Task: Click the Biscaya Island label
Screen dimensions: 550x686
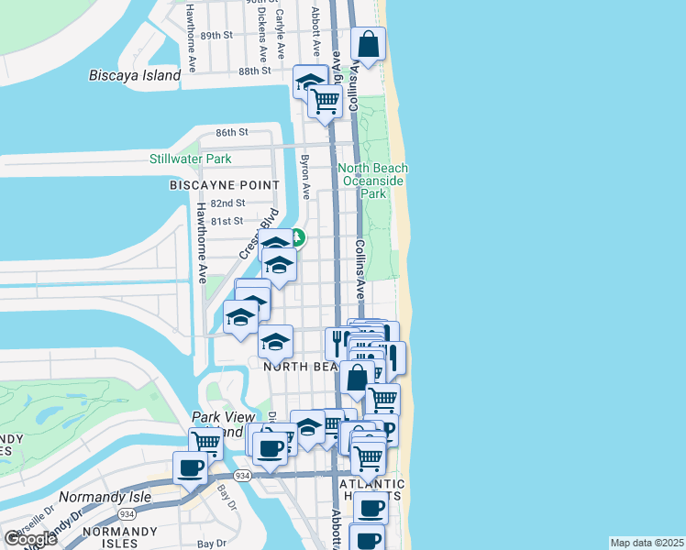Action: [x=135, y=76]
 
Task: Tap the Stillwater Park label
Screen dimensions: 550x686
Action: [x=191, y=159]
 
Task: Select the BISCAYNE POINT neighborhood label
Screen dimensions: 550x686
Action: [x=224, y=185]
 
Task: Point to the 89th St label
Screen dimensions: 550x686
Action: [x=217, y=35]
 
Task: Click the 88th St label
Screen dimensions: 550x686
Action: [x=255, y=70]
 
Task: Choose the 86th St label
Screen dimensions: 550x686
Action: [x=232, y=132]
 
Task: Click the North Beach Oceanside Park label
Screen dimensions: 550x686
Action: [x=373, y=181]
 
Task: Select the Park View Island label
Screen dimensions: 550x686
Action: [x=216, y=423]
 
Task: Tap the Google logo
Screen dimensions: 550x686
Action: [x=30, y=539]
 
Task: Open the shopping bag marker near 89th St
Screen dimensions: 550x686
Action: [x=368, y=44]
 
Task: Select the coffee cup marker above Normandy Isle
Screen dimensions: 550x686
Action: [x=191, y=467]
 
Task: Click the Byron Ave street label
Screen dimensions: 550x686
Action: [x=304, y=173]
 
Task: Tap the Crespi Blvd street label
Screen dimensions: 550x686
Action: [x=259, y=237]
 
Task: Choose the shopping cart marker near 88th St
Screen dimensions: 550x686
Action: [x=326, y=102]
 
